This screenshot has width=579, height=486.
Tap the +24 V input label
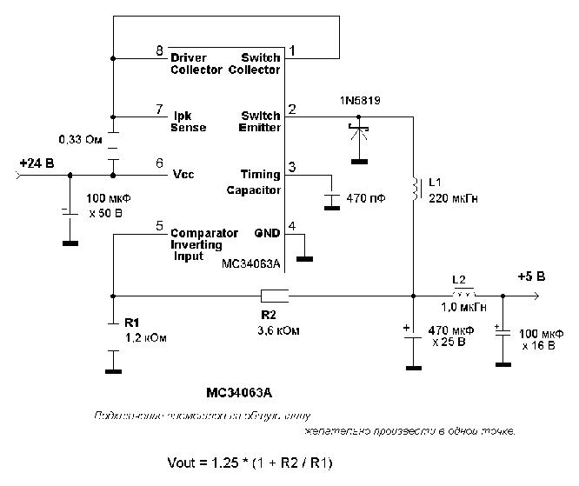(36, 162)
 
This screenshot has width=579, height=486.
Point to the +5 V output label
(531, 276)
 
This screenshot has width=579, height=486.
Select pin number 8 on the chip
(159, 50)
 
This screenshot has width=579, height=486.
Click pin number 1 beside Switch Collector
(293, 50)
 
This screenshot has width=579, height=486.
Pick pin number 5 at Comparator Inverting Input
(159, 226)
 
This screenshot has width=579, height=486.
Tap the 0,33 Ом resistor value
(81, 139)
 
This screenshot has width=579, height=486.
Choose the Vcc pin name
(182, 174)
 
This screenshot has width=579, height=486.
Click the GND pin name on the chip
(268, 233)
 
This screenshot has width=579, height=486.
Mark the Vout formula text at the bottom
(250, 461)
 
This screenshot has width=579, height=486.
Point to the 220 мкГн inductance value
(449, 198)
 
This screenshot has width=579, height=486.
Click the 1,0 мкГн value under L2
(463, 307)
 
